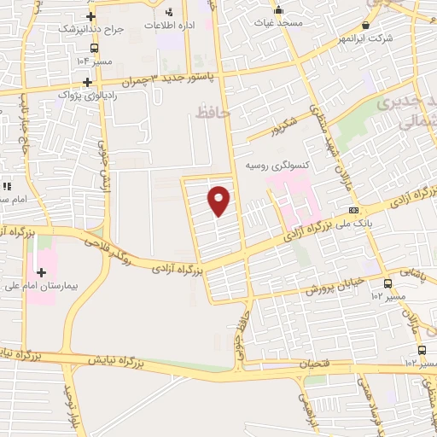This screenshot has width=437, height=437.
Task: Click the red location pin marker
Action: (220, 201)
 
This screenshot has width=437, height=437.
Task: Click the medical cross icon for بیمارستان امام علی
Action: (41, 271)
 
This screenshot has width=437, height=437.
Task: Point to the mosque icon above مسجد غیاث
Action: (278, 10)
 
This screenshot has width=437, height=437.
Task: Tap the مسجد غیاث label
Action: (278, 22)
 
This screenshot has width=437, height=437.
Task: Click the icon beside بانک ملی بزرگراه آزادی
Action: (353, 210)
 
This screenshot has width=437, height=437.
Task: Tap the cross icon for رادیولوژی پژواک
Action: (87, 82)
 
